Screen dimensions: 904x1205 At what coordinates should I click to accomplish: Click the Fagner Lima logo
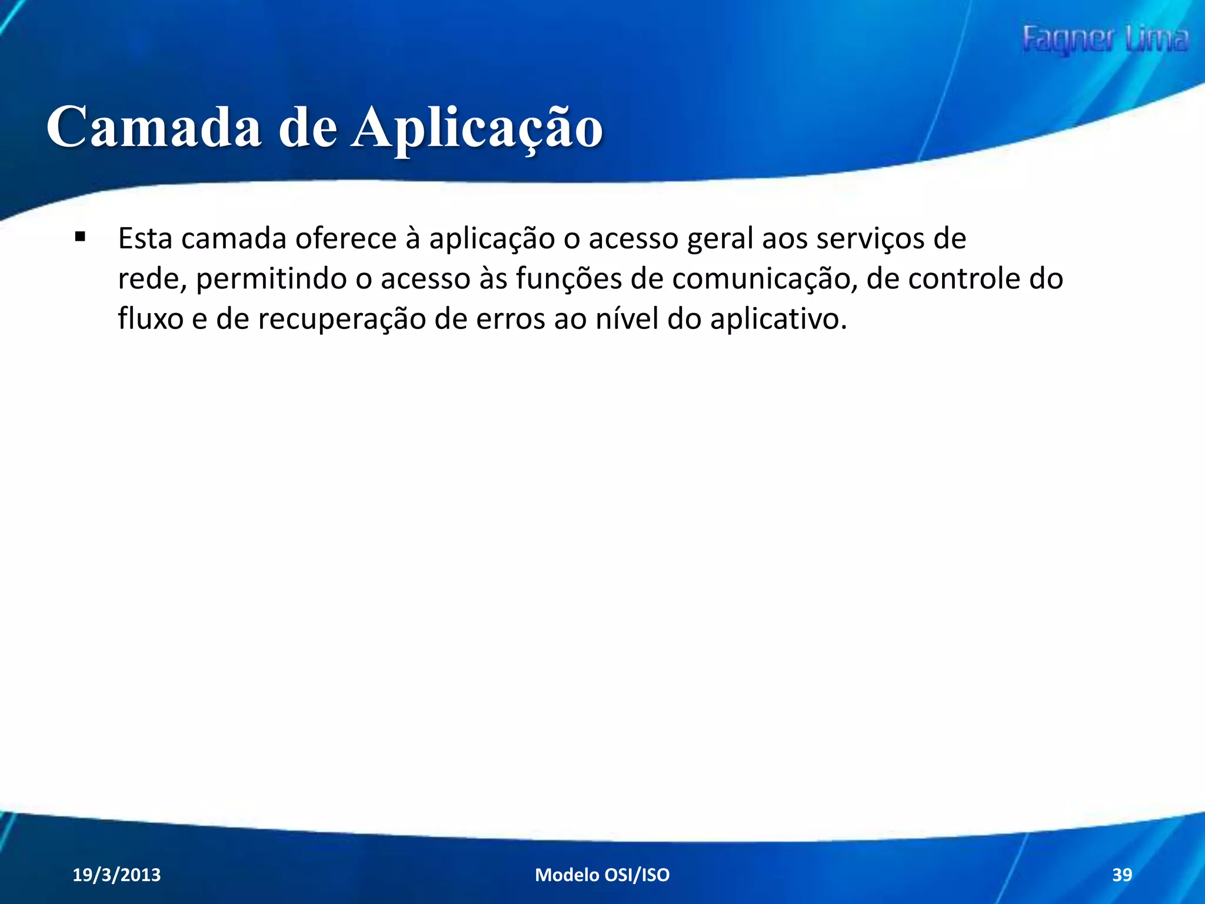click(x=1105, y=40)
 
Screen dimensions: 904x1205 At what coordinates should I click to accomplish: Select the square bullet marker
click(x=80, y=238)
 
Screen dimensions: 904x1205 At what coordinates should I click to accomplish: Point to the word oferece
click(x=346, y=239)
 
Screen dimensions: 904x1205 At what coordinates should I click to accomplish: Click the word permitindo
click(x=271, y=280)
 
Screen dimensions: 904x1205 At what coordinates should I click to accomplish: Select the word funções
click(x=568, y=280)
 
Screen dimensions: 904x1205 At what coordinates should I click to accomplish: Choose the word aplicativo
click(x=778, y=320)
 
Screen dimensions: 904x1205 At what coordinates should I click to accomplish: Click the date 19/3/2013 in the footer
click(x=116, y=875)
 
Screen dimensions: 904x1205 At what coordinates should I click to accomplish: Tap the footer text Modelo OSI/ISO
click(x=602, y=875)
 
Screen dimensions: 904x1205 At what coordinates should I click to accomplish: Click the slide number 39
click(x=1121, y=875)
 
